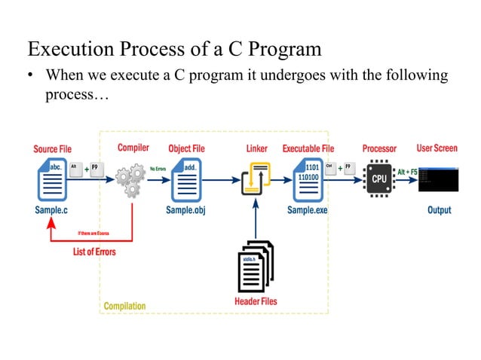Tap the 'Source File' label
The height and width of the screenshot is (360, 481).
[52, 148]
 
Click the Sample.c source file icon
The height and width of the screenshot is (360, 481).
[51, 178]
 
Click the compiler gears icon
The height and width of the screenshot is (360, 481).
[130, 180]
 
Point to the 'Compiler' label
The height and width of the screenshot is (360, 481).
[133, 148]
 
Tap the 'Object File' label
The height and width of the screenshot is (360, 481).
[186, 148]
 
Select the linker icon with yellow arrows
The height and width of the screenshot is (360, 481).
[256, 179]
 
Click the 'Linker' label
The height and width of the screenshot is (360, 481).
[257, 148]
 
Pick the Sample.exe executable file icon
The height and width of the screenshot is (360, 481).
[307, 178]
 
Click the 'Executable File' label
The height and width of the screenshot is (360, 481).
[308, 148]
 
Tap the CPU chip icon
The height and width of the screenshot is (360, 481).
[378, 179]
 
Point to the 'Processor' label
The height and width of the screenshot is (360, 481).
[379, 148]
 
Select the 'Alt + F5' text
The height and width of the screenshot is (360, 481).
[407, 172]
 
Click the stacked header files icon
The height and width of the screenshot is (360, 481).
[256, 265]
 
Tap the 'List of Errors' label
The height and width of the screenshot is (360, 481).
[94, 252]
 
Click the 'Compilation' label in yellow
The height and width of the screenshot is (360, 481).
[124, 306]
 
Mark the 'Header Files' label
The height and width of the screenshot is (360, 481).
[256, 301]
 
